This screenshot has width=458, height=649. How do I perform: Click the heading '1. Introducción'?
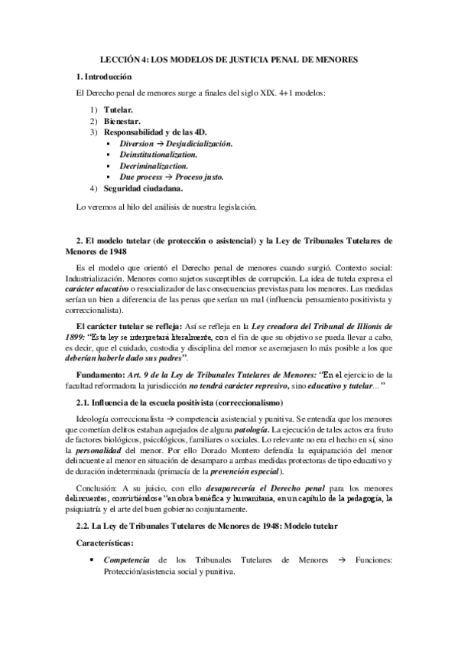(105, 77)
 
